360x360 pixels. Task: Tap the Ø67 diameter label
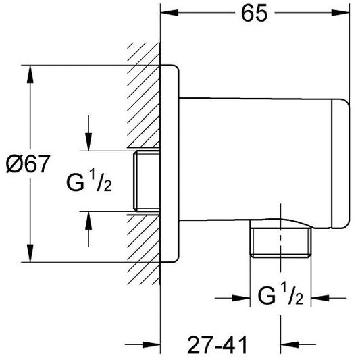point(26,164)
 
